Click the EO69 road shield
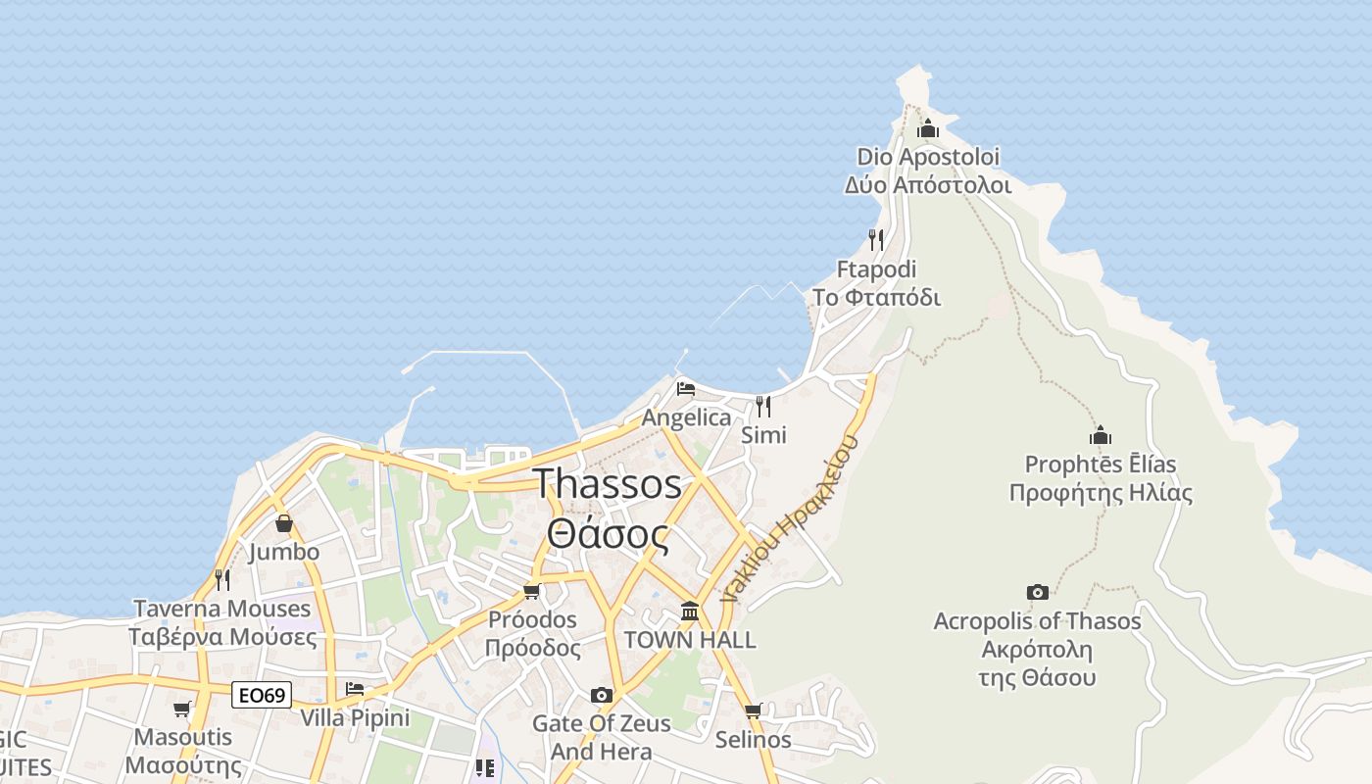[x=262, y=696]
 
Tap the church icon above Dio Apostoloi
[x=927, y=128]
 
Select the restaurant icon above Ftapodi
[x=876, y=239]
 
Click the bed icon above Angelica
[x=686, y=389]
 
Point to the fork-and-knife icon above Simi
[x=762, y=406]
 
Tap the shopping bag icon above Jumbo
[x=283, y=523]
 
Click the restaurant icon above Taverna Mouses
[x=222, y=580]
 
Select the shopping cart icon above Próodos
[x=531, y=591]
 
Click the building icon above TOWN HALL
[x=690, y=612]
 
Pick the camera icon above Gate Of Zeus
[x=602, y=695]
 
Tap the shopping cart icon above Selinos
[x=753, y=710]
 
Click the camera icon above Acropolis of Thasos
[x=1037, y=592]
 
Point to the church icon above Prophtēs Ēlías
[x=1101, y=435]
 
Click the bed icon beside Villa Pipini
[x=355, y=689]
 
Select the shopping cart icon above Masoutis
[x=181, y=709]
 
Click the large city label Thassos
[x=608, y=484]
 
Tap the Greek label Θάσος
[x=608, y=535]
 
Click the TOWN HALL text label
[x=690, y=640]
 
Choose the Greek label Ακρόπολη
[x=1037, y=650]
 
